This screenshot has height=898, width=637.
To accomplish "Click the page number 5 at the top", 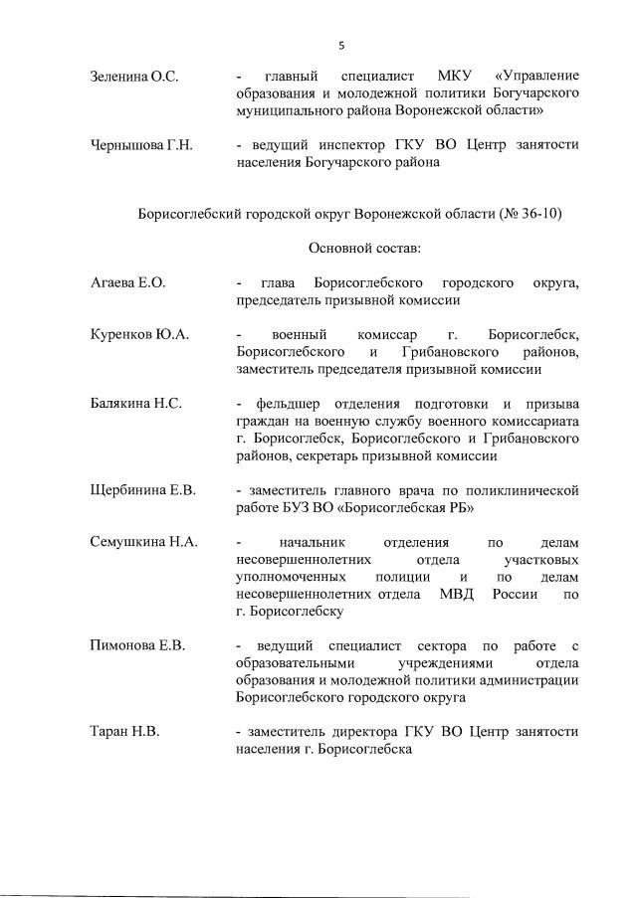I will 341,46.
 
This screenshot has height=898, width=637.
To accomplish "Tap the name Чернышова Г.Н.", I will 140,146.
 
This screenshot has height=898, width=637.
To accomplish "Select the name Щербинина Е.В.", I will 143,491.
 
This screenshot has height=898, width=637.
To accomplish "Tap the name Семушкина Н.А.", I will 144,543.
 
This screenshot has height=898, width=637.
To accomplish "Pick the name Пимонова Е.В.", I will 137,646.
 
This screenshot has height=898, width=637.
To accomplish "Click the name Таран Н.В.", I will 125,732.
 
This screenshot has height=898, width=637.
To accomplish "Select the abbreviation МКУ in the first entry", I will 458,77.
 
